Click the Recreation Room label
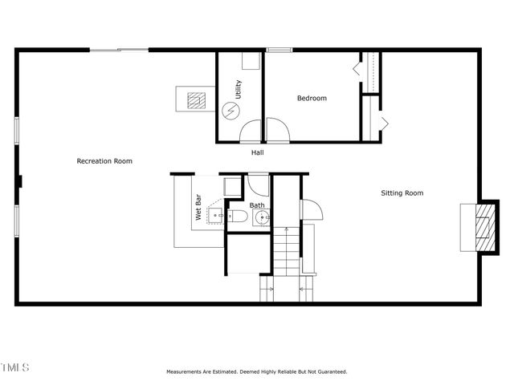click(104, 161)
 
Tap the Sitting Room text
click(402, 192)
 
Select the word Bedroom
click(312, 99)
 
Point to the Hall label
click(257, 152)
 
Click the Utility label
click(238, 89)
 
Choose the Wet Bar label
click(198, 207)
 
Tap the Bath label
click(257, 205)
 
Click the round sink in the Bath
click(263, 217)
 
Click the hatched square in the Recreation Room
click(195, 100)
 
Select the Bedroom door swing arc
click(276, 128)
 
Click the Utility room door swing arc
click(251, 130)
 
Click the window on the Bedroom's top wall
click(279, 51)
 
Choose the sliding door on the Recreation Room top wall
click(119, 51)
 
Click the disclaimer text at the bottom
click(257, 372)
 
